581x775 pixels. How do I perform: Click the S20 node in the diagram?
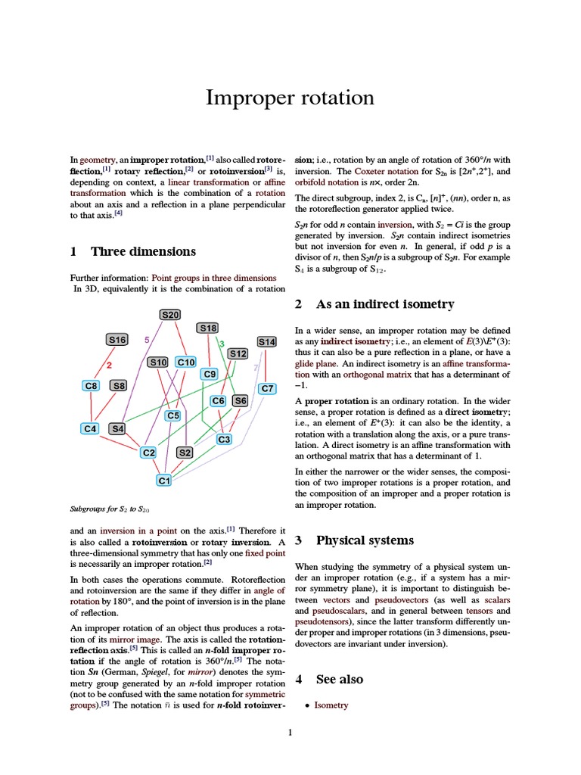[170, 314]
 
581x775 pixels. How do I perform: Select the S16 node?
[117, 340]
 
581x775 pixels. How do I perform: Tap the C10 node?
[186, 363]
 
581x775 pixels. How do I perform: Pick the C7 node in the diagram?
[267, 388]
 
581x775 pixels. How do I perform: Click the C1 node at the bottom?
[164, 480]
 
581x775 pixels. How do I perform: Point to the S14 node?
[267, 341]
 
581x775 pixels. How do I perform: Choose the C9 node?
[210, 374]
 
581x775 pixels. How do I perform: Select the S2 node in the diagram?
[185, 453]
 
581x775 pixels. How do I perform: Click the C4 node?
[91, 428]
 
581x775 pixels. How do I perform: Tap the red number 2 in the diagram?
[109, 365]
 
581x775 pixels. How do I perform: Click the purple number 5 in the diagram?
[146, 341]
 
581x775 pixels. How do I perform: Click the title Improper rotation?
[290, 98]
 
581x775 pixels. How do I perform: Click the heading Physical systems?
[365, 540]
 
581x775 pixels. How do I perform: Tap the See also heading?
[339, 679]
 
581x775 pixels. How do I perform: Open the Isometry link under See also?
[331, 705]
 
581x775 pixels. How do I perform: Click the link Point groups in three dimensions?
[215, 278]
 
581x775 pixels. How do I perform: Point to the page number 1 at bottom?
[290, 733]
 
